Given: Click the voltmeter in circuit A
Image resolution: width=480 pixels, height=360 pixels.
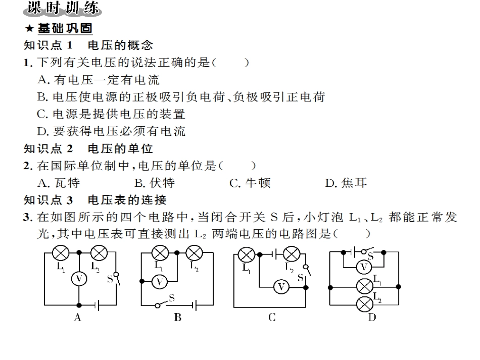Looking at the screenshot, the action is pos(79,279).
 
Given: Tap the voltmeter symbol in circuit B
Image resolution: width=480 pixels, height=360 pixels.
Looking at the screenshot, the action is pos(160,281).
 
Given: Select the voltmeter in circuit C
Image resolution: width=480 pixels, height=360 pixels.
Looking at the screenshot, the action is pos(281,287).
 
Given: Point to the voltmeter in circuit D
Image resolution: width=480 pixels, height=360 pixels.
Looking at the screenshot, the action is pos(364,267).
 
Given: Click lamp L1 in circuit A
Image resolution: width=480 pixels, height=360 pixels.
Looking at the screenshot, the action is pos(61,252).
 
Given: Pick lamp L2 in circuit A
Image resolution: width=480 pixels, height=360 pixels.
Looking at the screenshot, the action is pos(99,252).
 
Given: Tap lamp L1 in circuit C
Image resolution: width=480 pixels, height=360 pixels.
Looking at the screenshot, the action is pos(247,254).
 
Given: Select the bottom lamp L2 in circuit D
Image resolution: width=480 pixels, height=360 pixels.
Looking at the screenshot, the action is pos(365,304).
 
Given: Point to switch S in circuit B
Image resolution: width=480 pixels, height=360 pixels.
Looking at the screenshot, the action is pos(165,302).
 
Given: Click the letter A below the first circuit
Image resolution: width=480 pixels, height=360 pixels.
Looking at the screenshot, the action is pos(78,318).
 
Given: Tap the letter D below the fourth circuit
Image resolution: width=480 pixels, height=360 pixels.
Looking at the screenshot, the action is pos(372,318).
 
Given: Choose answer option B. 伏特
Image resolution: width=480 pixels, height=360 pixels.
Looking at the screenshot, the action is pos(155,183).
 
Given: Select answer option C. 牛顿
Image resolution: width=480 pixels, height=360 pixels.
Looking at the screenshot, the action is pos(250,183).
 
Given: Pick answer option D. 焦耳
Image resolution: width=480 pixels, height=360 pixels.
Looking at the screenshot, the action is pos(346,183).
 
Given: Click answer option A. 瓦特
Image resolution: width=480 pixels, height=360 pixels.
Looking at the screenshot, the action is pos(59,183).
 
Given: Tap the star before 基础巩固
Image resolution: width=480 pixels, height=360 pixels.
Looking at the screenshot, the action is pos(29,28).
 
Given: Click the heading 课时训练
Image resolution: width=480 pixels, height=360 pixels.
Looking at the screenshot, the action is pos(63,8).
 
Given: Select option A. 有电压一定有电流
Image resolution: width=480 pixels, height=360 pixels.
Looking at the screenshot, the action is pos(99,80).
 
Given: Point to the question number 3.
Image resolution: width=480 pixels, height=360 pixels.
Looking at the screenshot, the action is pos(28,217).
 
